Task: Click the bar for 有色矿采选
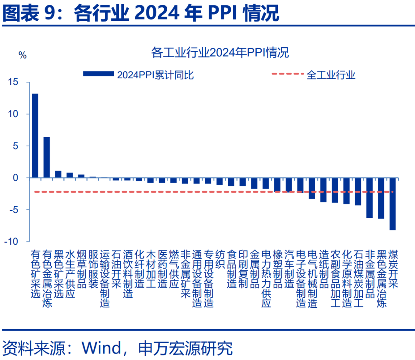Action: (x=35, y=136)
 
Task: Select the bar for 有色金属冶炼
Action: (x=46, y=157)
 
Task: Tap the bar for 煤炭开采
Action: (x=392, y=204)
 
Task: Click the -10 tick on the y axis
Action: (x=12, y=241)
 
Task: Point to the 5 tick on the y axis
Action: (x=15, y=146)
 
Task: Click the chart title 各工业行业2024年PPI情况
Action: (x=220, y=53)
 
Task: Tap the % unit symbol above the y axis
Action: (x=23, y=55)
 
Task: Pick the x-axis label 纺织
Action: (x=220, y=259)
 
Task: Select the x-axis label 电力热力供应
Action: (x=266, y=279)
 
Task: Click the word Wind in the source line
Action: (x=101, y=348)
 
